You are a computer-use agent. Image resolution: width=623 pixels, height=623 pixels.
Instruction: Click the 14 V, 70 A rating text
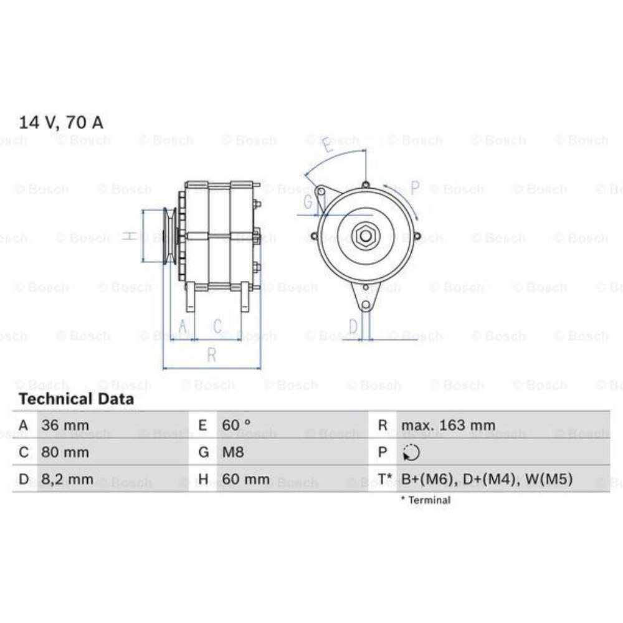tap(61, 122)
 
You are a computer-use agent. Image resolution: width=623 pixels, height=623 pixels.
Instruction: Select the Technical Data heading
tap(76, 399)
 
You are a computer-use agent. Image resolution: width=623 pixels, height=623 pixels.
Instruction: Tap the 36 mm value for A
tap(65, 425)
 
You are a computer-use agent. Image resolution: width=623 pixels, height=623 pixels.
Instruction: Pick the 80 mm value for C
tap(65, 452)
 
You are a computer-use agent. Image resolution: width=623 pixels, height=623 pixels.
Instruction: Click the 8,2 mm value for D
tap(67, 479)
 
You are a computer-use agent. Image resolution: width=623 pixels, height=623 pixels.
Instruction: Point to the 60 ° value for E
tap(236, 425)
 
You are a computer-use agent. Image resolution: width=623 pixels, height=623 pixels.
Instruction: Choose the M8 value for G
tap(233, 452)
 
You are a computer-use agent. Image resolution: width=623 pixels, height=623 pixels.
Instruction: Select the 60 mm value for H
tap(245, 479)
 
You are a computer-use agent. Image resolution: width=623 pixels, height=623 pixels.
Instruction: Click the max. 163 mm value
tap(448, 425)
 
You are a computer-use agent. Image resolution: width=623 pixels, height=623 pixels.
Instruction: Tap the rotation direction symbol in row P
tap(411, 452)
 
